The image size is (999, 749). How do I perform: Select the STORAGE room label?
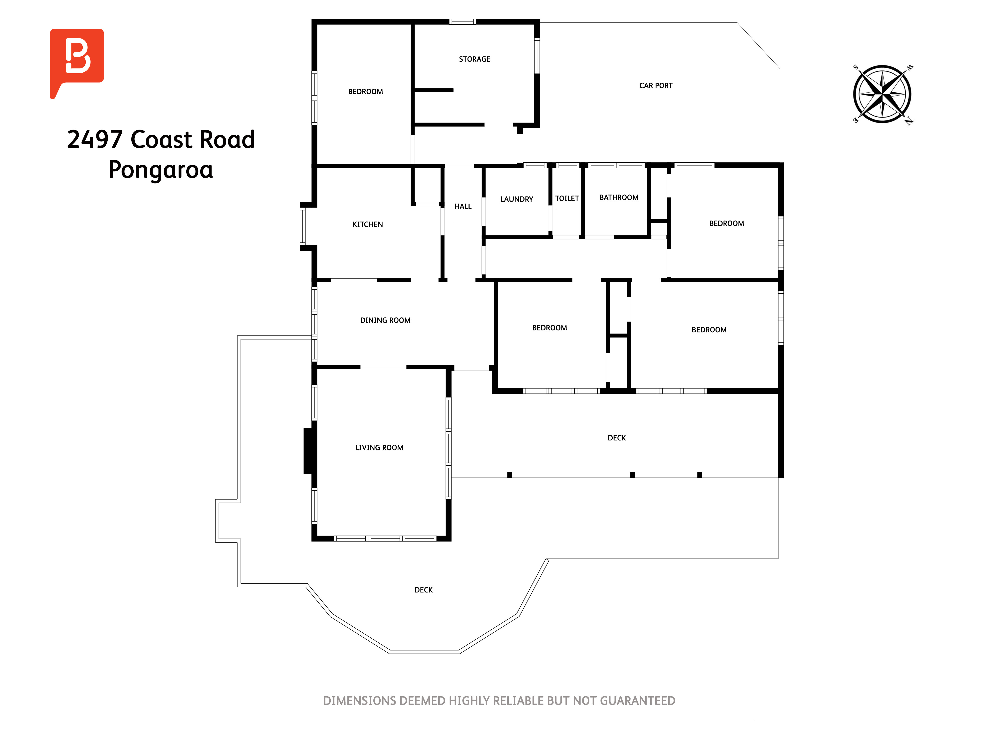[x=475, y=59]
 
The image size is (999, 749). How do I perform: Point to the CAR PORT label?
[x=656, y=86]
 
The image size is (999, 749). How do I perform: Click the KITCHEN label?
[x=368, y=224]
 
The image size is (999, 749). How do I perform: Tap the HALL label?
[x=463, y=206]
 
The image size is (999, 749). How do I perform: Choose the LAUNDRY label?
[x=517, y=199]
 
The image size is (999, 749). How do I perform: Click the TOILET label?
[x=567, y=199]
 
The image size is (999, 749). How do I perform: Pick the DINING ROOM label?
[x=385, y=320]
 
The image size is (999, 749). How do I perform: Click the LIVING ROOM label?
[x=379, y=447]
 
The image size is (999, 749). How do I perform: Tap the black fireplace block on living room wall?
[x=309, y=451]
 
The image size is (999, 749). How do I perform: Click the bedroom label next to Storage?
[x=365, y=92]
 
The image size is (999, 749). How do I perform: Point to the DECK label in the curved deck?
[x=424, y=590]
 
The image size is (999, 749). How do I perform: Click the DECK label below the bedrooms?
[x=617, y=438]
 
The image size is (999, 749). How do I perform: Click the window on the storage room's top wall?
[x=463, y=22]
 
